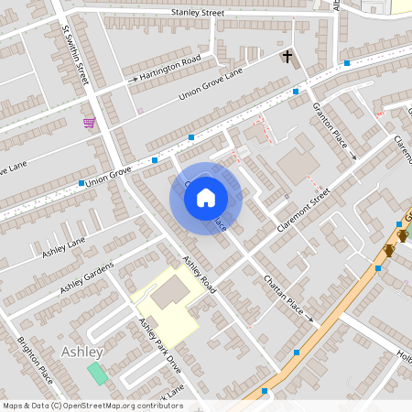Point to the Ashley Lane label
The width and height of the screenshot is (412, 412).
(63, 245)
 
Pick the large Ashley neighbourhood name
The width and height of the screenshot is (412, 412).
(81, 352)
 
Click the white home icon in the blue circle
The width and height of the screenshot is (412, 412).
(206, 197)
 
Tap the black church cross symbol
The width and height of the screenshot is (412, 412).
(287, 58)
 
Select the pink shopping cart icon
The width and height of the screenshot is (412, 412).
(89, 123)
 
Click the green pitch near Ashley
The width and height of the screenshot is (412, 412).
(96, 374)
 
